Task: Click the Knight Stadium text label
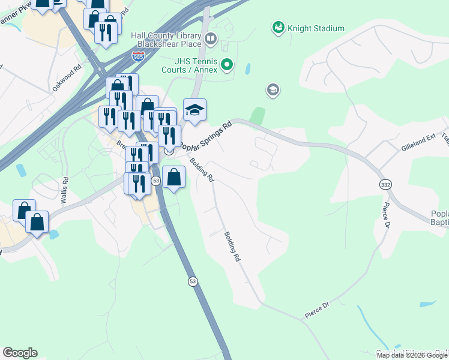316,28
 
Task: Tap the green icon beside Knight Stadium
278,27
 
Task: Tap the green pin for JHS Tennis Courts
227,64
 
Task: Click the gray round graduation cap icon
273,91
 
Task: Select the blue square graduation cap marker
194,110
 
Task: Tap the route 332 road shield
385,184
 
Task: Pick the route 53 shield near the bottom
192,281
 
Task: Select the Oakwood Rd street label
66,78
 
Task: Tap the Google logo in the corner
20,353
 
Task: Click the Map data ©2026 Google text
412,355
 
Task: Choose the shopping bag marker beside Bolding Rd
173,178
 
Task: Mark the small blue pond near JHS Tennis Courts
248,68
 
